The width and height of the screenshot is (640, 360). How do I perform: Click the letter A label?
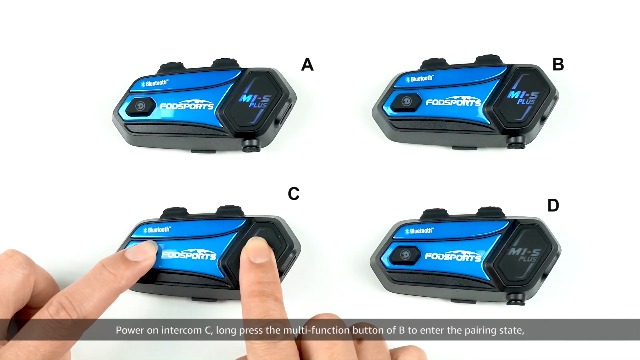(x=307, y=64)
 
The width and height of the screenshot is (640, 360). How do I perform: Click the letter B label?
(x=558, y=64)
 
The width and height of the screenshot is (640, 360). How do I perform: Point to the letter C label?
(x=293, y=193)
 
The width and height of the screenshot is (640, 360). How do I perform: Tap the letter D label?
(x=553, y=205)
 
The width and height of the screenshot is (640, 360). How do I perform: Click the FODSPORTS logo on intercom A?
(x=187, y=105)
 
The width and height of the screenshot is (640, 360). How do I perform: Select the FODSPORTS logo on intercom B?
(x=453, y=100)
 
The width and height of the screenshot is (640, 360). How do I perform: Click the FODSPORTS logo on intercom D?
(x=453, y=256)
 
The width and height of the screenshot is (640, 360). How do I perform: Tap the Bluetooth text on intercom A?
(x=154, y=83)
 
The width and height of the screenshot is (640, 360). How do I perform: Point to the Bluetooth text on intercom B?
(x=419, y=78)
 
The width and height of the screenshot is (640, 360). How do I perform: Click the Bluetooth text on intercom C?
(x=157, y=230)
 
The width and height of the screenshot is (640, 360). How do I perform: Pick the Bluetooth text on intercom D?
(x=419, y=231)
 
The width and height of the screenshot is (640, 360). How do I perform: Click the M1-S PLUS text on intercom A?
(x=253, y=100)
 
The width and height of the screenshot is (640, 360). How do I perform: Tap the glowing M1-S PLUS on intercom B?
(x=523, y=97)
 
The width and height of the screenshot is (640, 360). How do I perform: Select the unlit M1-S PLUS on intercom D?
(x=524, y=253)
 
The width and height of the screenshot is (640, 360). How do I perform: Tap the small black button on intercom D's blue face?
(x=404, y=255)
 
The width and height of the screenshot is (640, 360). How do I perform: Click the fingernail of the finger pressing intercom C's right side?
(x=258, y=250)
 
